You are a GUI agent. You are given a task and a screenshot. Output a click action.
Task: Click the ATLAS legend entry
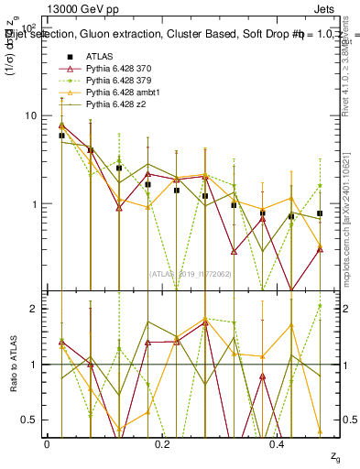coord(99,57)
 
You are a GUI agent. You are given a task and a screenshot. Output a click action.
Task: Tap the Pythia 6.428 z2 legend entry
coord(118,104)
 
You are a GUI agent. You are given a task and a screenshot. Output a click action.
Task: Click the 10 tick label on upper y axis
coord(29,115)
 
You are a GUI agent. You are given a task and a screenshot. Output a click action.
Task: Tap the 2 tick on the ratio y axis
coord(34,309)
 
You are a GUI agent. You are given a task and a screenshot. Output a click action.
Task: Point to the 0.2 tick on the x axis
coord(162,443)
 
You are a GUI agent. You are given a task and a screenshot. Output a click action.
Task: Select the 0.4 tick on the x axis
coord(278,443)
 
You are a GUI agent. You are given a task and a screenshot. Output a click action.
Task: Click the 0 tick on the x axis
coord(47,443)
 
